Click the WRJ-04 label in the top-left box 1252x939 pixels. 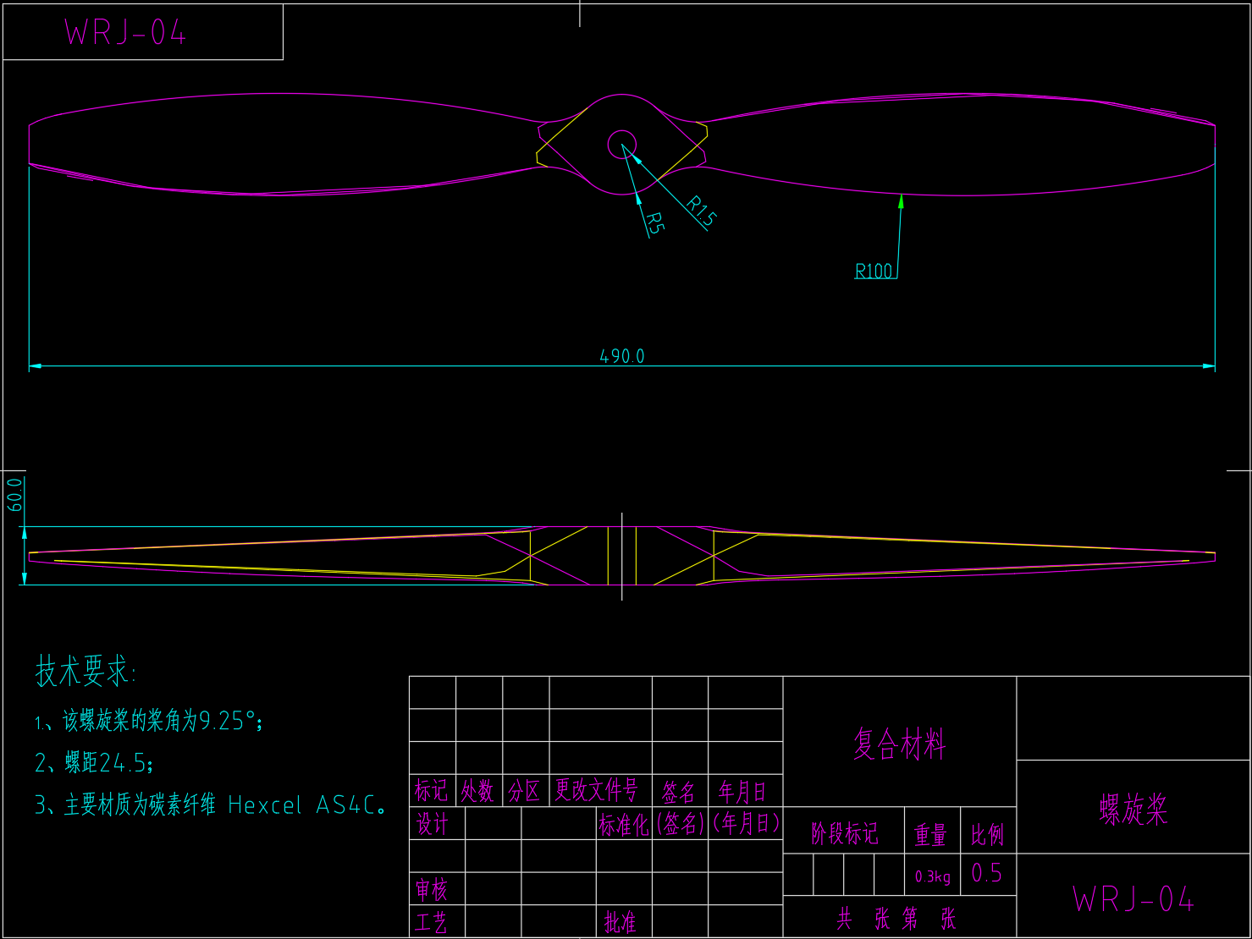point(125,32)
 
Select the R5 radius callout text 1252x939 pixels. point(654,222)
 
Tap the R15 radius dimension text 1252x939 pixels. point(701,211)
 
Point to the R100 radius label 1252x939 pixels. point(874,271)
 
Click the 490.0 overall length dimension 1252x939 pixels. point(622,356)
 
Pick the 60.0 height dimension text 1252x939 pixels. point(15,495)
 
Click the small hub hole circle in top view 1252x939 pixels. point(622,145)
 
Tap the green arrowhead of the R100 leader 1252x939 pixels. point(902,201)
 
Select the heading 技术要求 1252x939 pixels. point(85,672)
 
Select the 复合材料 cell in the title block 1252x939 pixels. point(899,744)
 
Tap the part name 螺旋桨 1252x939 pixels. point(1133,810)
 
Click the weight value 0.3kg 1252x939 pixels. point(932,876)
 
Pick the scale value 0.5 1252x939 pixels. point(987,873)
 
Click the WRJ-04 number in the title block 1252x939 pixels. point(1133,899)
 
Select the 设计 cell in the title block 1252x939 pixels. point(432,823)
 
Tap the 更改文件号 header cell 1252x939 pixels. point(596,790)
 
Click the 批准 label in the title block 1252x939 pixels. point(620,922)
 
